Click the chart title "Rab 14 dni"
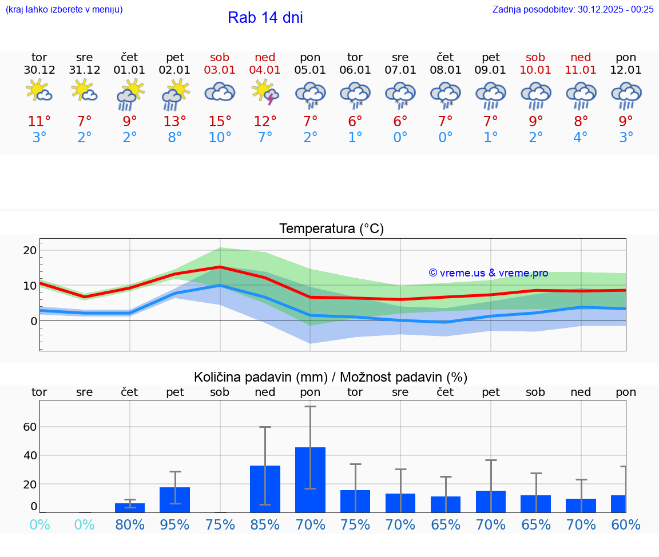265,18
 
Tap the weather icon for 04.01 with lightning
265,92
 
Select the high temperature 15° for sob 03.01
220,122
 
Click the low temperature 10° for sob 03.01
220,138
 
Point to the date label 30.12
39,70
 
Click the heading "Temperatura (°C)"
331,229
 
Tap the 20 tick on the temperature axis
30,250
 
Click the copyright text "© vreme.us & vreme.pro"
488,273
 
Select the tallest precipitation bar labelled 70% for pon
310,480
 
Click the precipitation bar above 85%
265,489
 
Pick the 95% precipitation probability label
174,524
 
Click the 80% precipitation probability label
130,524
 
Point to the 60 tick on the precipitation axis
30,427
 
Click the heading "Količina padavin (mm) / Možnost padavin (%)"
331,377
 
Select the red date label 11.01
581,70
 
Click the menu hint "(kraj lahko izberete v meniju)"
64,9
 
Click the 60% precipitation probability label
626,524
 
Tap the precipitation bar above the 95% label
174,500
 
